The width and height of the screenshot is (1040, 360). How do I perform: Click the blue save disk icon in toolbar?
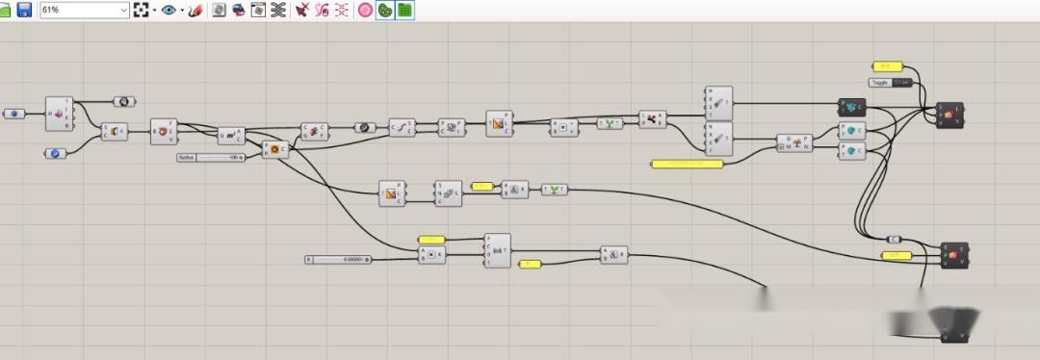[24, 10]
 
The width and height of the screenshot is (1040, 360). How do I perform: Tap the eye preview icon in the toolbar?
[169, 10]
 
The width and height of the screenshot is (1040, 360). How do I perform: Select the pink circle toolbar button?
[365, 10]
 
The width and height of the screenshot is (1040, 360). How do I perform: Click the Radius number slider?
[212, 157]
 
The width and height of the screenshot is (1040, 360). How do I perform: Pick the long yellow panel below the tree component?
[687, 164]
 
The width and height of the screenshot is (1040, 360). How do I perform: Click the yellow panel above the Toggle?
[886, 65]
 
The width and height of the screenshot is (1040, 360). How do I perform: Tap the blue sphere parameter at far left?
[14, 114]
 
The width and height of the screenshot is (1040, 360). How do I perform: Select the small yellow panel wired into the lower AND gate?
[530, 263]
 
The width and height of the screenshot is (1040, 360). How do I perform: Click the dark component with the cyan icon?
[852, 105]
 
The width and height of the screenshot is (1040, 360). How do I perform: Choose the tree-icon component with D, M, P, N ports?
[794, 143]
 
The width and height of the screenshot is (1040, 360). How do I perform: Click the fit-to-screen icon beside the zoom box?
[142, 10]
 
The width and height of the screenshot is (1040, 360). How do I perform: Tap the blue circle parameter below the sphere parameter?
[55, 153]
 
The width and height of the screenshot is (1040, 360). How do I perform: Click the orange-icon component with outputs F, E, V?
[164, 131]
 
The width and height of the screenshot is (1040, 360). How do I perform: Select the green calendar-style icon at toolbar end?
[404, 10]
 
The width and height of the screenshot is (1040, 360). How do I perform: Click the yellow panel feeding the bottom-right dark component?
[896, 255]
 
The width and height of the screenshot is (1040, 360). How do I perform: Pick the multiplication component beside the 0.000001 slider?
[432, 255]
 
